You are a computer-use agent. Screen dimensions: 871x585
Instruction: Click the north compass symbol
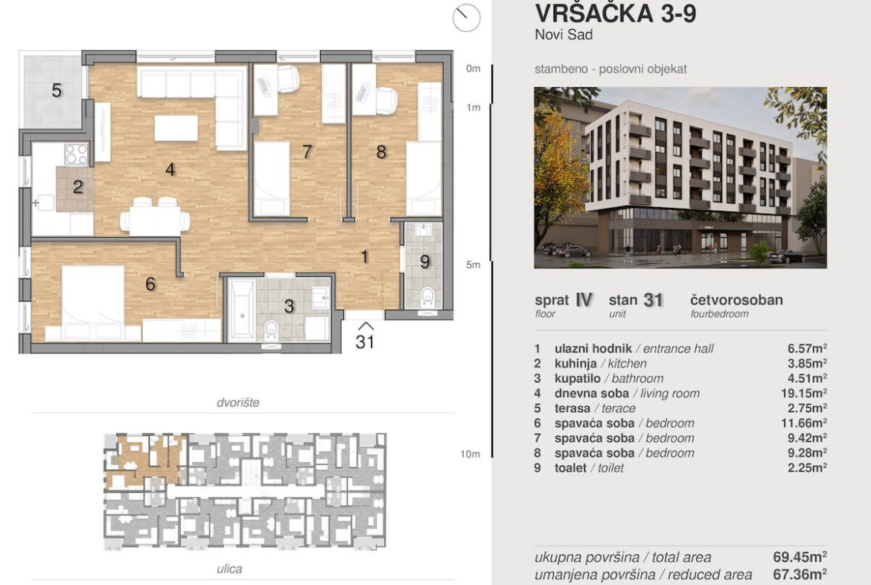coord(466,17)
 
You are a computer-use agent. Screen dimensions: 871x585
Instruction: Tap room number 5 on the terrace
coord(57,90)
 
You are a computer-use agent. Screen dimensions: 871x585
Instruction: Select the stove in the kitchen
coord(76,154)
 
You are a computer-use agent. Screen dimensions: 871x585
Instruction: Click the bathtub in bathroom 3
coord(242,310)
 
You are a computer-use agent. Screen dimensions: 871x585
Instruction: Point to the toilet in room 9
coord(427,297)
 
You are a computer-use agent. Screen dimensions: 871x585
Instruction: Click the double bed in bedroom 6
coord(93,300)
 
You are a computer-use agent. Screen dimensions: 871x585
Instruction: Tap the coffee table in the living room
coord(176,128)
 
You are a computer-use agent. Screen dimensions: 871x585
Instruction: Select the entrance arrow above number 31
coord(365,326)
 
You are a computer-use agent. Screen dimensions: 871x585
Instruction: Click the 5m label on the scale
coord(473,265)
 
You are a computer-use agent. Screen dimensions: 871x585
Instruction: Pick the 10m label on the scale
coord(470,454)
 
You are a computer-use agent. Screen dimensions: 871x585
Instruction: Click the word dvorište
coord(237,402)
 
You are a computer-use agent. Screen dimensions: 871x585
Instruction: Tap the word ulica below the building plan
coord(229,569)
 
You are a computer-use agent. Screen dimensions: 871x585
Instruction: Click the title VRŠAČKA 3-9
coord(616,13)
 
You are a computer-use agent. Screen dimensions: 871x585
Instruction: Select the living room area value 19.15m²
coord(804,393)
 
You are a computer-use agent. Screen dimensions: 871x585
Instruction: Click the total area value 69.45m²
coord(800,557)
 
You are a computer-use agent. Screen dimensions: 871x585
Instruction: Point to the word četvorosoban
coord(736,300)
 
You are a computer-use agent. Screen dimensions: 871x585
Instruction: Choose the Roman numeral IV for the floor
coord(584,300)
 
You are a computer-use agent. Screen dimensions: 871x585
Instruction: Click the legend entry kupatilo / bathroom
coord(609,378)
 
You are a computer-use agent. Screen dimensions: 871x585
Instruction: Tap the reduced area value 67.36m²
coord(800,574)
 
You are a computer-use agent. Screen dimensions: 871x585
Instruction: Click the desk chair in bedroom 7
coord(287,78)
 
